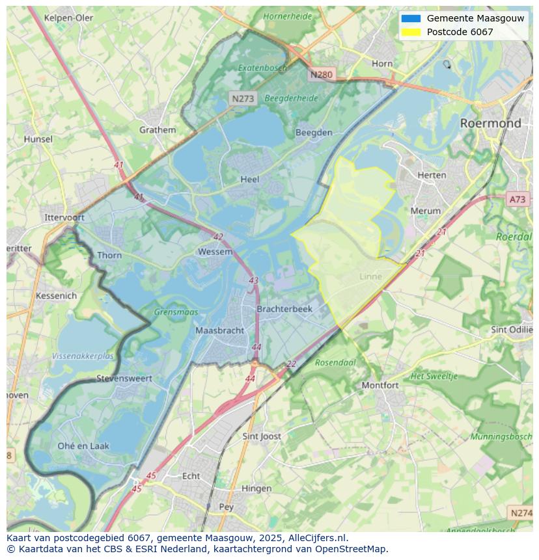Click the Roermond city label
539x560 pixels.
(490, 123)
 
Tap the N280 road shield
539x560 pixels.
(321, 74)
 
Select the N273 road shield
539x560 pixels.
(243, 99)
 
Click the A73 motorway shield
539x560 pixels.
(518, 200)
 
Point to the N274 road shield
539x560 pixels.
(521, 513)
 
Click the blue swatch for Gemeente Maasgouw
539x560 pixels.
(411, 18)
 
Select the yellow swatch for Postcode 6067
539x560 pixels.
(411, 32)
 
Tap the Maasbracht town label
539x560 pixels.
(219, 330)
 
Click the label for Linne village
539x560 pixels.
(370, 276)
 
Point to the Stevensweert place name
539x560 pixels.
(124, 378)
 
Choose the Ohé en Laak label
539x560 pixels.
(83, 446)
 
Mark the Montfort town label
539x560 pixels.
(380, 385)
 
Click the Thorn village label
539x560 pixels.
(109, 255)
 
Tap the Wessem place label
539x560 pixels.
(215, 252)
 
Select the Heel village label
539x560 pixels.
(249, 179)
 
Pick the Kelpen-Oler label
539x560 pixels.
(68, 18)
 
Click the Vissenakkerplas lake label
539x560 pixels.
(83, 356)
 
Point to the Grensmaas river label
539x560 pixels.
(176, 312)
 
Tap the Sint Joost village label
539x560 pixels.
(261, 436)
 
